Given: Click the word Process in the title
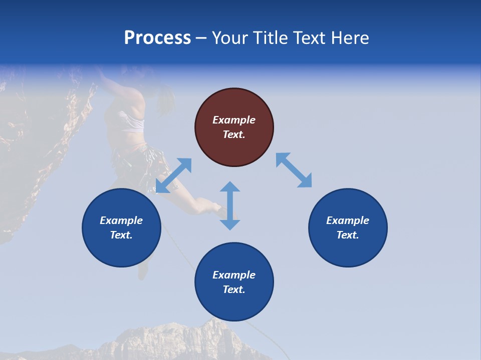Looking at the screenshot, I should (x=157, y=38).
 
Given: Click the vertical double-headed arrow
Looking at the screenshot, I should (x=230, y=206).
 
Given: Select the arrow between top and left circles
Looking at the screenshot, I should (x=173, y=175).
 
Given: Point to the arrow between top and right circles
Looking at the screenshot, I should (x=294, y=170).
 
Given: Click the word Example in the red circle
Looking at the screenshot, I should (x=234, y=120).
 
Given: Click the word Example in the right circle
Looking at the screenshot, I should (x=348, y=220).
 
